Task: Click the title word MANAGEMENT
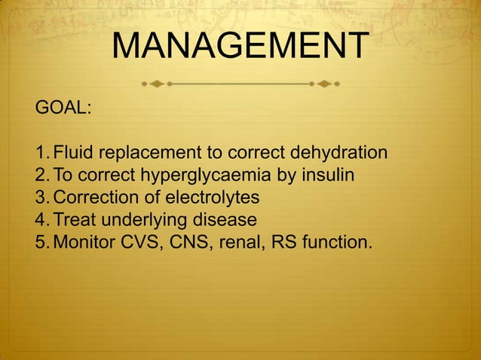(240, 47)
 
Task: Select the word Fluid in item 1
(73, 154)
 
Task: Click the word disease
(224, 221)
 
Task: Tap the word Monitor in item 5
(84, 243)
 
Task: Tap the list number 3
(41, 198)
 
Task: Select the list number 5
(41, 243)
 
